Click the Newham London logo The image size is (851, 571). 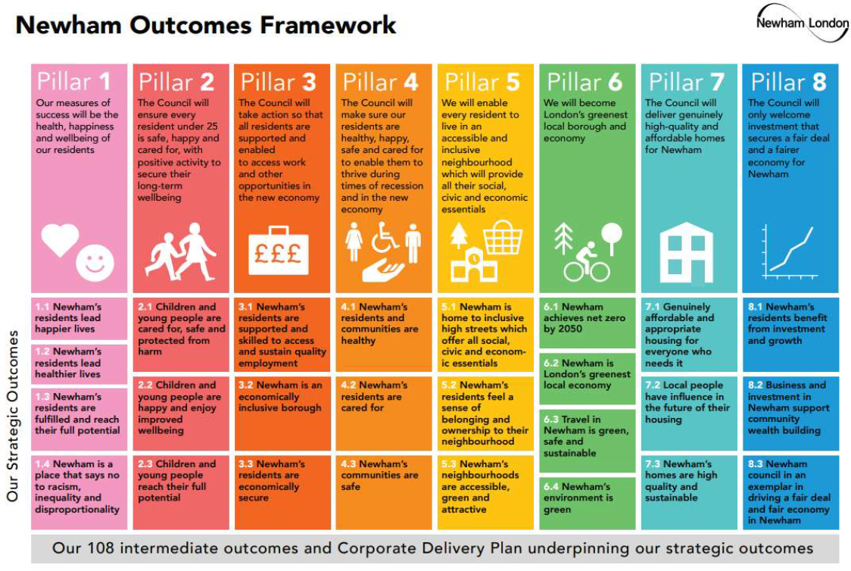point(802,23)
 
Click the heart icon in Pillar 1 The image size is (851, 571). point(61,240)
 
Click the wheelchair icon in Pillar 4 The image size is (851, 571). point(385,239)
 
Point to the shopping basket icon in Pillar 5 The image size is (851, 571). point(503,237)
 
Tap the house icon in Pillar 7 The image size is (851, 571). point(686,253)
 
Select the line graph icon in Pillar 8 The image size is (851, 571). point(790,252)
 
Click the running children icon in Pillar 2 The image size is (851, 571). point(183,251)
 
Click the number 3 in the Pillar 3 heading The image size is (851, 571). point(309,83)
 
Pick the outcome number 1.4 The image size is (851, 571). point(42,464)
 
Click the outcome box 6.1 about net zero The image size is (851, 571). point(588,323)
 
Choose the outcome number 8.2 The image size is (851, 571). point(755,385)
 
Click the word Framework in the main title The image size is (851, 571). point(328,25)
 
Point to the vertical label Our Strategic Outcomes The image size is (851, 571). point(12,416)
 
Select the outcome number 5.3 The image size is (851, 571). point(448,464)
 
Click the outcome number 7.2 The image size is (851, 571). point(653,385)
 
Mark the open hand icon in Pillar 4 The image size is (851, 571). point(382,270)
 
